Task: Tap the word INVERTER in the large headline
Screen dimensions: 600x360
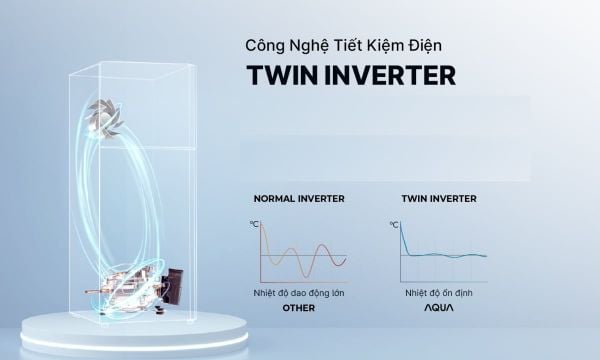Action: (x=390, y=75)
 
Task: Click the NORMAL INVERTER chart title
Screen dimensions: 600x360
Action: (x=299, y=199)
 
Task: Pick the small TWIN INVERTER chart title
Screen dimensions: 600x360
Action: (x=439, y=199)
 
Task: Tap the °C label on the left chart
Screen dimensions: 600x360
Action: (x=254, y=224)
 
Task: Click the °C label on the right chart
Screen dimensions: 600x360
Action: (x=394, y=224)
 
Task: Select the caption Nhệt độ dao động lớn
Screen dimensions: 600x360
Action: (x=299, y=293)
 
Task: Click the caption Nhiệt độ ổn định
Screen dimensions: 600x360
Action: (x=439, y=293)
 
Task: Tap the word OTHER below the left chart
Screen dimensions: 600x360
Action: (x=298, y=308)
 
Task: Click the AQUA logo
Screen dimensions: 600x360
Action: (x=439, y=308)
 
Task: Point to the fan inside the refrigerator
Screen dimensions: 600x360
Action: (x=104, y=117)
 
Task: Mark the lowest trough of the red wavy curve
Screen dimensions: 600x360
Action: (x=305, y=276)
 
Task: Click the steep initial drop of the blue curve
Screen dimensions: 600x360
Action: (x=404, y=240)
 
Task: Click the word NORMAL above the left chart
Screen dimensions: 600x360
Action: (x=274, y=199)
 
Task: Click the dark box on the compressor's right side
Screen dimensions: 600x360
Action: (x=172, y=285)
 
